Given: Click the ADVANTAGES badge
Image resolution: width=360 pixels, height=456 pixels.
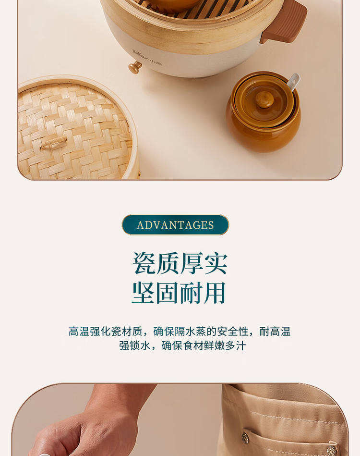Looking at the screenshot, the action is coord(175,225).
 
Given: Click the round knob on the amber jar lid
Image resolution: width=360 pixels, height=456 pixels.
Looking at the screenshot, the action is coord(264,99).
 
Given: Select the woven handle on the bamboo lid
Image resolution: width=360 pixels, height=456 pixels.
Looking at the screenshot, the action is coord(54,143).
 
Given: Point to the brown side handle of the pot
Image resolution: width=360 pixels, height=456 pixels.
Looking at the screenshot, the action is coord(284,22).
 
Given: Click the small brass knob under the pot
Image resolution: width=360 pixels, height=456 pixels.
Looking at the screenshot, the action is coord(135,67).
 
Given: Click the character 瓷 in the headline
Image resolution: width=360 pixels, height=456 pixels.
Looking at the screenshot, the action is coord(144,263).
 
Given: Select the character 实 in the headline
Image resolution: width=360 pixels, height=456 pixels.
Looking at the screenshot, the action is coord(216,263).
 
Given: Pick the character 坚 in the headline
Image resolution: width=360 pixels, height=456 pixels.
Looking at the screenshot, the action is coord(144,293).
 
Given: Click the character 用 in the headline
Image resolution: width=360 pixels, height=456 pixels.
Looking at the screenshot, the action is coord(215,293).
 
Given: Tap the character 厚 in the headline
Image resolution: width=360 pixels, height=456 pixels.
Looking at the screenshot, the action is coord(192,263).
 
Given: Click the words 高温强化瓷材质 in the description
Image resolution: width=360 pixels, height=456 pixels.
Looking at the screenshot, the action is coord(105,332).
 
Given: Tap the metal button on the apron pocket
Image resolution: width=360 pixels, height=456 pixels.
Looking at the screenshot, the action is coord(246,437).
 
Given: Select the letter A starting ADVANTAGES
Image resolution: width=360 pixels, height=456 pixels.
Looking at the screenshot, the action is coord(140,225).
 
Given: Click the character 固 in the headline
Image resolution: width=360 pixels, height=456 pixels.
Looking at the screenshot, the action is coord(168,293).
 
